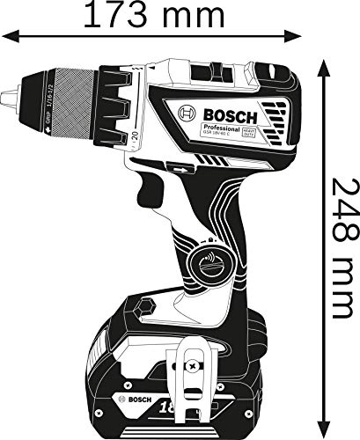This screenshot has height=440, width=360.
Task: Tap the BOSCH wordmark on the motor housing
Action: coord(231,115)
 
